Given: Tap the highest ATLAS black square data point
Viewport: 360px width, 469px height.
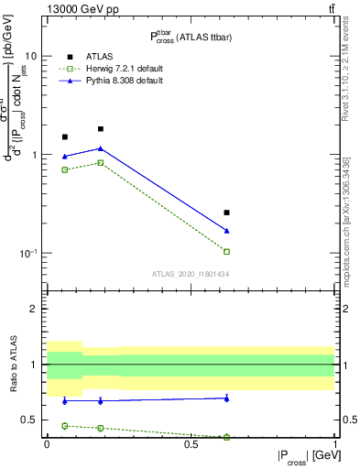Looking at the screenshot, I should point(100,129).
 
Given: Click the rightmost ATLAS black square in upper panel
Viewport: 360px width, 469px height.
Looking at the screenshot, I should point(226,213).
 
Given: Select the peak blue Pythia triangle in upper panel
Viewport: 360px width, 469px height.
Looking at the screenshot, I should point(100,148).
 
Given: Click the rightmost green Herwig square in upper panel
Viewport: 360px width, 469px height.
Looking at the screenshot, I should point(226,251).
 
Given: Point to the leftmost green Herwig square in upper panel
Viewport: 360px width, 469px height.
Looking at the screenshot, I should point(64,169).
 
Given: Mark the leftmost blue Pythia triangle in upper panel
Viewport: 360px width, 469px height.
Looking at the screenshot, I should point(64,157).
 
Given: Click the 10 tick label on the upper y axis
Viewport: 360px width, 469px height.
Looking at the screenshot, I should point(30,56).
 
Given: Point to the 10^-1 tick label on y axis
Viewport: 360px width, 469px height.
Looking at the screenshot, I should point(27,254).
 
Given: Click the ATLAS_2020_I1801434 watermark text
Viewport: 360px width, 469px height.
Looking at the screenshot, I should point(191,274).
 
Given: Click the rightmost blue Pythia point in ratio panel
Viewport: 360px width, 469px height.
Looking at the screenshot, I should point(226,398).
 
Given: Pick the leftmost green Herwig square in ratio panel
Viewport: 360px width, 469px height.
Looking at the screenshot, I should point(64,426).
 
